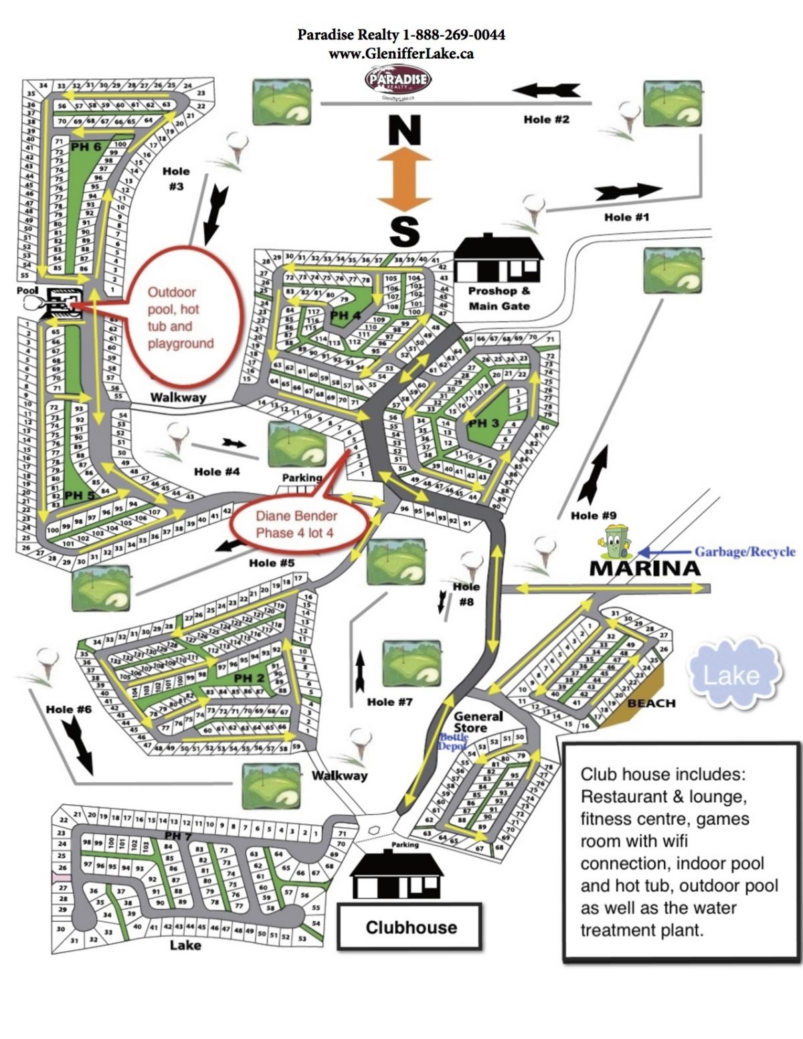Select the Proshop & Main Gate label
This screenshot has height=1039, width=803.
click(x=499, y=298)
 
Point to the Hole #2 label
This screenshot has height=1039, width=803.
click(x=547, y=119)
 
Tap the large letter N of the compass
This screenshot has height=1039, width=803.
click(x=404, y=131)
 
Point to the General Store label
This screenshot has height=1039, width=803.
click(x=478, y=722)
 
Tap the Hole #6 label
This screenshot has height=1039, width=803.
click(x=68, y=709)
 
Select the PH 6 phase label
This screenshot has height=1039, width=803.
click(x=86, y=147)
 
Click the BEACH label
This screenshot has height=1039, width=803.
click(x=651, y=703)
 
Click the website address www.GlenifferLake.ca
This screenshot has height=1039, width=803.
click(x=401, y=54)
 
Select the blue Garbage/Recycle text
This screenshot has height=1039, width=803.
click(x=744, y=552)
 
